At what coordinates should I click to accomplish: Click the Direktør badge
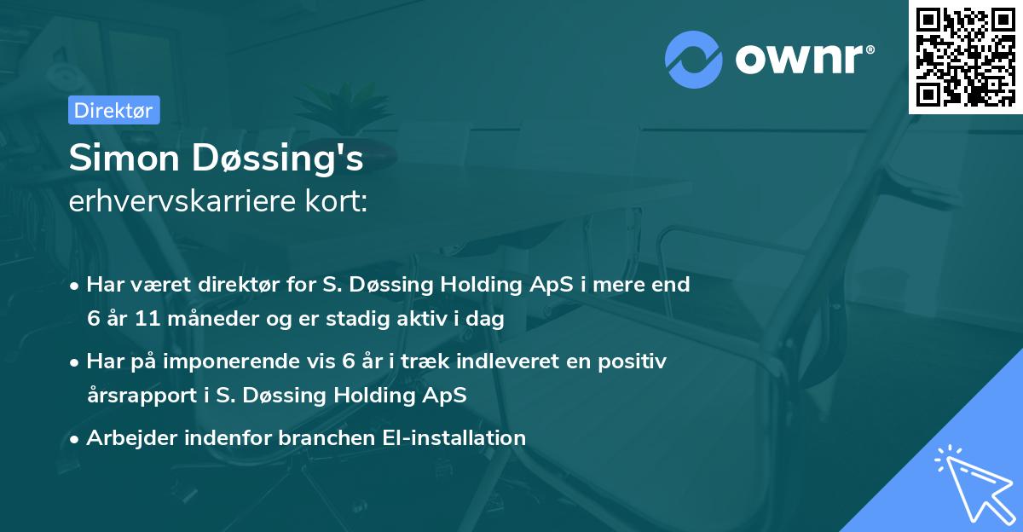113,110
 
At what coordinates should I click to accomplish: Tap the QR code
966,56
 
